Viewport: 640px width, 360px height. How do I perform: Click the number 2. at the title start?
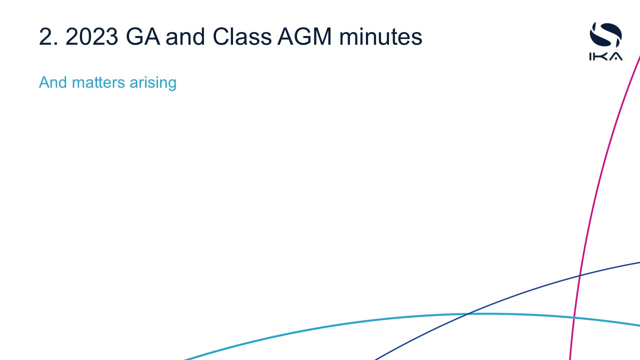(48, 36)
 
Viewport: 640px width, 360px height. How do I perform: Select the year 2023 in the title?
(91, 36)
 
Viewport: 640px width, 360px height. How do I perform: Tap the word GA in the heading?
(143, 36)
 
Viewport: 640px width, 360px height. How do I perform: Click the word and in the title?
(185, 36)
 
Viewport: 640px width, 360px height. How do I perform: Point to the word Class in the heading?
(242, 36)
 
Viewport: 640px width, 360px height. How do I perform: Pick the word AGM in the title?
(304, 36)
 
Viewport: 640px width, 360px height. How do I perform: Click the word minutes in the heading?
(380, 36)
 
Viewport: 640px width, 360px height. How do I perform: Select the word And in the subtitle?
(53, 82)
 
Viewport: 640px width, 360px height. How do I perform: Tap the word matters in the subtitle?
(98, 82)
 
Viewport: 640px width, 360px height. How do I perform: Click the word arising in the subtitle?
(153, 83)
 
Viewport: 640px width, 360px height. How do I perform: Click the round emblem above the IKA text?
(605, 35)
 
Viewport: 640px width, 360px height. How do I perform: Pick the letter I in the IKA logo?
(590, 56)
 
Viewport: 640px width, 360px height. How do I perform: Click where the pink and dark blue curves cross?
(579, 275)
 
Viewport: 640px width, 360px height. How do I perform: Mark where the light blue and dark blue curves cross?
(467, 314)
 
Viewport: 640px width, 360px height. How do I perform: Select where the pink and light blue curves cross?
(573, 317)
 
